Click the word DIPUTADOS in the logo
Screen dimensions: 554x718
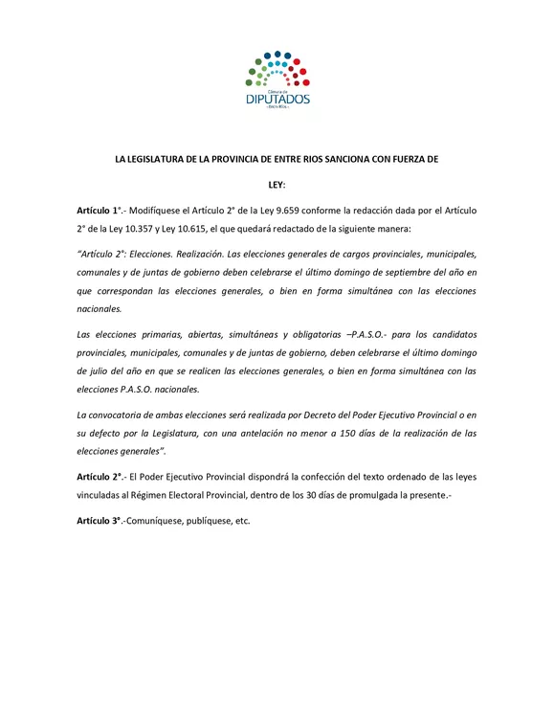click(277, 97)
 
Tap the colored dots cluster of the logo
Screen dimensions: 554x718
click(277, 67)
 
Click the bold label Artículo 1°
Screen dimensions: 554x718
click(100, 209)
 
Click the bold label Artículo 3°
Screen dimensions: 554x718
click(100, 521)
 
